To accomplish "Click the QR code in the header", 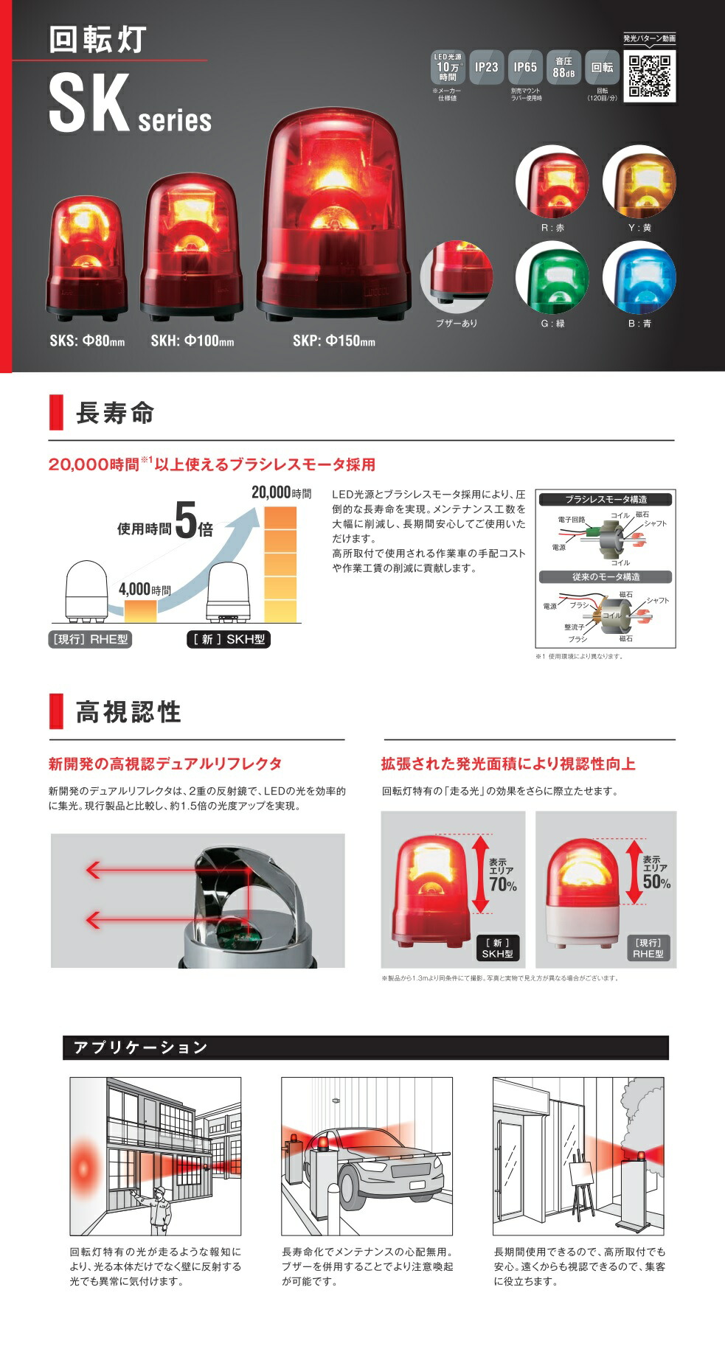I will pos(650,77).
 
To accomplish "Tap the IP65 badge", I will pos(525,68).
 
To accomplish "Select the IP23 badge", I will pos(486,68).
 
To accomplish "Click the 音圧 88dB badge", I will pos(563,68).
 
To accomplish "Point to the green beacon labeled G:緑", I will pos(552,278).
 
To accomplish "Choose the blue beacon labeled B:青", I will pos(639,278).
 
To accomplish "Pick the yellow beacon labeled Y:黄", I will pos(639,182).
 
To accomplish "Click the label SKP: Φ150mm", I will pos(333,341).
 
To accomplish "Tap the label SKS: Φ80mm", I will pos(87,341).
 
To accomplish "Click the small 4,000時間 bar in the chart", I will pos(139,610).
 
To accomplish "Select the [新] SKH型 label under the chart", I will pos(229,639).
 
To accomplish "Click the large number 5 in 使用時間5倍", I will pos(186,522).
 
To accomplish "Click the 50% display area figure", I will pos(656,882).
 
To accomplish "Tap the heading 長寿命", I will pos(115,413).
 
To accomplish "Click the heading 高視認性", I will pos(128,712).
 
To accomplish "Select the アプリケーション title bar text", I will pos(140,1047).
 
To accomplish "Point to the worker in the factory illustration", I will pos(159,1210).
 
